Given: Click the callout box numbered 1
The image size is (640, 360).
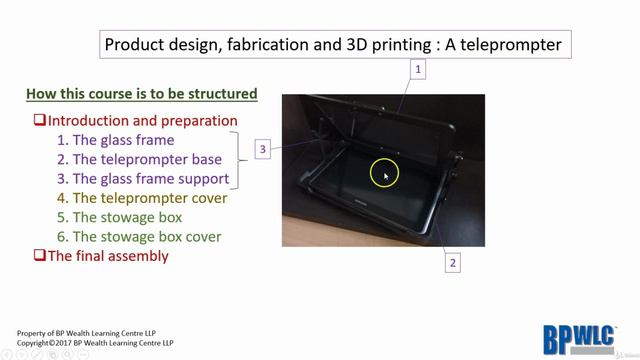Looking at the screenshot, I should pos(418,69).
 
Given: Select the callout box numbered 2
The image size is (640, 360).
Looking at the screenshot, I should pos(452,262).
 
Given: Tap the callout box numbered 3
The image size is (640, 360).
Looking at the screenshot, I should pos(263,149).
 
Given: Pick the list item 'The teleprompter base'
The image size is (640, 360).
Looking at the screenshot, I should pos(139,159).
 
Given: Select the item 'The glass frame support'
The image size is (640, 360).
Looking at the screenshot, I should pos(143,179).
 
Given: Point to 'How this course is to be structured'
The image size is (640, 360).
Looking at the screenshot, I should pos(141,95).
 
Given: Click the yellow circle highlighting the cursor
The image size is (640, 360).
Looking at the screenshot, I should pos(384,174).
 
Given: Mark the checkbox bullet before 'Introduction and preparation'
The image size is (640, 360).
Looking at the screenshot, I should pos(39,121).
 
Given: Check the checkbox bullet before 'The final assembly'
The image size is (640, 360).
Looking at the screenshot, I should pos(39,256).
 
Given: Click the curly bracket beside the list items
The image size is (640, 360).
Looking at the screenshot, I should pos(239,158).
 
